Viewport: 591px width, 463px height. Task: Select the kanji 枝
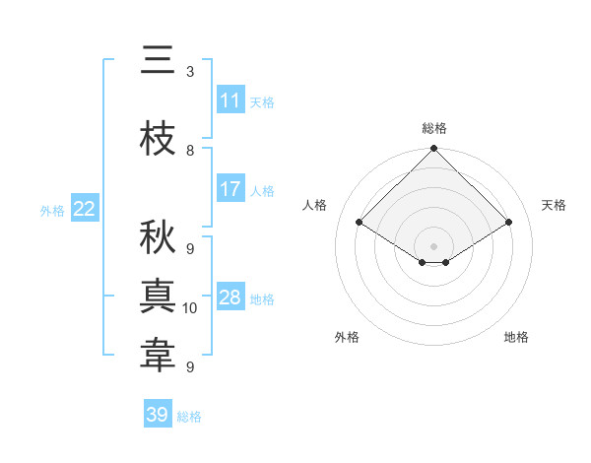158,139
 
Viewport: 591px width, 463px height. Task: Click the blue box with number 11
230,100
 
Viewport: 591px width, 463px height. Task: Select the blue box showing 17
230,189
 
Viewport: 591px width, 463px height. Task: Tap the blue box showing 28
230,298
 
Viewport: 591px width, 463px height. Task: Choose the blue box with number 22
85,209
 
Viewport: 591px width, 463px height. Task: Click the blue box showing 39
158,415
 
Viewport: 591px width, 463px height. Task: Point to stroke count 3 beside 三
190,72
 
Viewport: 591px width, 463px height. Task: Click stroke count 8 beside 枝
190,151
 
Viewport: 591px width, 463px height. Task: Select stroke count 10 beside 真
190,308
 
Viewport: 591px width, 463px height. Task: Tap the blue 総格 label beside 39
189,417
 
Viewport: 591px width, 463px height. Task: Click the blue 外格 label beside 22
51,210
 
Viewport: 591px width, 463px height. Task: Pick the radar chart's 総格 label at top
433,128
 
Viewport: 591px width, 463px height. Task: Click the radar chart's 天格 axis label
555,205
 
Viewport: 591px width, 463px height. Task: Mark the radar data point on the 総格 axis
433,149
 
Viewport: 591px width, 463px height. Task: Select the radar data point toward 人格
360,223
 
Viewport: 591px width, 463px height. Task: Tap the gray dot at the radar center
433,244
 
